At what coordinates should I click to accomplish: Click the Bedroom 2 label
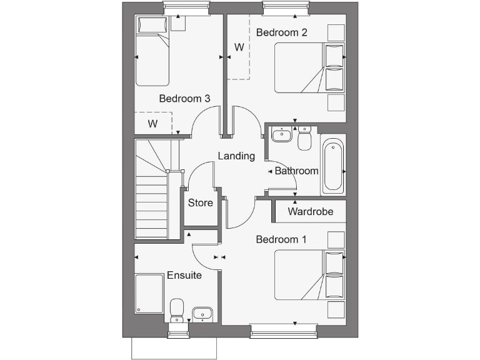[282, 32]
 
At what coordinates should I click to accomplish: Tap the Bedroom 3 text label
[184, 98]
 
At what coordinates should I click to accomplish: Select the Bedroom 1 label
[281, 239]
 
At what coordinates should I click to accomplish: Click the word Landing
[236, 156]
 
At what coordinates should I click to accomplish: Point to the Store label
[201, 202]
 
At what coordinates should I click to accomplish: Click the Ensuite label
[184, 275]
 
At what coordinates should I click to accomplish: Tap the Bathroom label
[297, 171]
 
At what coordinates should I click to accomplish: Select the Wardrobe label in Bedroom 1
[311, 211]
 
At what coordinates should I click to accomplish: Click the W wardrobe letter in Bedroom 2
[239, 47]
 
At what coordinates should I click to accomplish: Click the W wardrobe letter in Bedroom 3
[152, 123]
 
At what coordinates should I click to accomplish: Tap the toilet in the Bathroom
[305, 139]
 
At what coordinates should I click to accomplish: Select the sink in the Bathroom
[282, 134]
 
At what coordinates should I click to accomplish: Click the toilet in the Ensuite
[177, 309]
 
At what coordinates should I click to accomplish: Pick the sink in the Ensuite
[202, 313]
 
